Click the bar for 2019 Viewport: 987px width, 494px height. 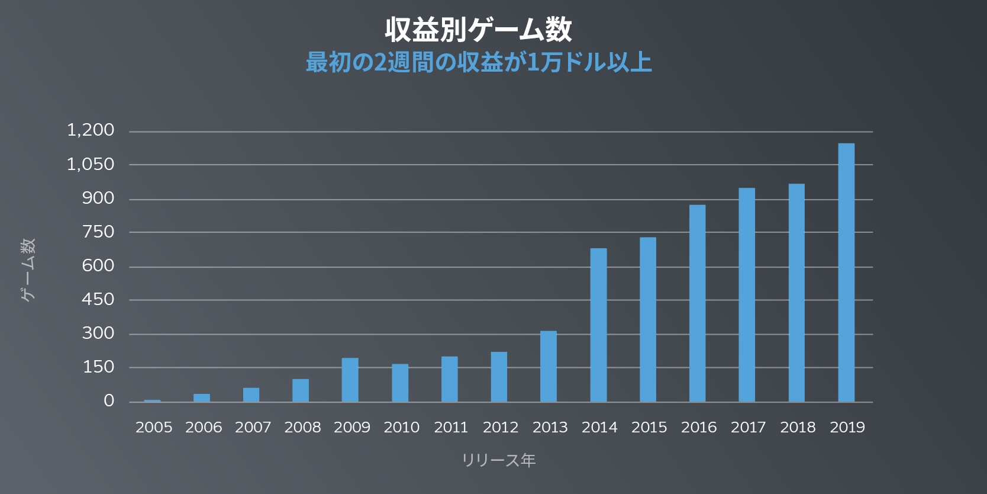tap(846, 272)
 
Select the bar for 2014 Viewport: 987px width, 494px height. tap(598, 325)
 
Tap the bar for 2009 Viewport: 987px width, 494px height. tap(350, 380)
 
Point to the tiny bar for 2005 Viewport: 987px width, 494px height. tap(152, 400)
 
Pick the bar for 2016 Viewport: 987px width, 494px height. tap(697, 303)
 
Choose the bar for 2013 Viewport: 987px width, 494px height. tap(549, 366)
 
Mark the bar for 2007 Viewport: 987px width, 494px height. tap(251, 395)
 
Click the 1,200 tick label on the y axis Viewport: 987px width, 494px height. tap(91, 130)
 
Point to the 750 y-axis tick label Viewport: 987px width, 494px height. tap(98, 232)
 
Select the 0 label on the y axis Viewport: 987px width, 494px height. tap(109, 401)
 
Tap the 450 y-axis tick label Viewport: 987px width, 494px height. tap(98, 299)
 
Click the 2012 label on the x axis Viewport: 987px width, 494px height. tap(501, 427)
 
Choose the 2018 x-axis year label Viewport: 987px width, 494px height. tap(798, 427)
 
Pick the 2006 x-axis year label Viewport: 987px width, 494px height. tap(204, 427)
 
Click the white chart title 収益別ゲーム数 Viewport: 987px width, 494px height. tap(479, 30)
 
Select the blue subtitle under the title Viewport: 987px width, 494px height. tap(479, 62)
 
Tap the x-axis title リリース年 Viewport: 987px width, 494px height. tap(499, 460)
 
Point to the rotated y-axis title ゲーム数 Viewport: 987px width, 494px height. tap(28, 270)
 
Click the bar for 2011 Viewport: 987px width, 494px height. tap(449, 379)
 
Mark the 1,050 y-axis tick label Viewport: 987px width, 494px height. tap(91, 164)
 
